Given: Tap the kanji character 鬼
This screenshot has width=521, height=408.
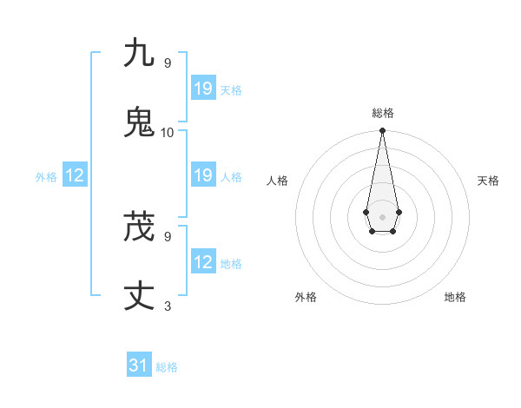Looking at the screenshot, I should pos(139,122).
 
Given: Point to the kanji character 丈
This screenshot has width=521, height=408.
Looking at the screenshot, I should pos(139,296).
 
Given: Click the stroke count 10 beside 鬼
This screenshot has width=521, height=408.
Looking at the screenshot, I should pos(168,132).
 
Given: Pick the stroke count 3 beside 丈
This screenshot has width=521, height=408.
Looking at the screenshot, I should pos(168,306).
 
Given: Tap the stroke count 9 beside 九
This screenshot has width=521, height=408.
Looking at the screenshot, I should pos(168,63).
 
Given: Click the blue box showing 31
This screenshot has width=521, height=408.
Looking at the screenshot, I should pos(139,365).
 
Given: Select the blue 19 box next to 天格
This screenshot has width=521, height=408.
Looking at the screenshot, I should pos(203,88).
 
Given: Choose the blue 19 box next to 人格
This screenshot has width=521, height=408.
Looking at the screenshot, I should pos(203,175).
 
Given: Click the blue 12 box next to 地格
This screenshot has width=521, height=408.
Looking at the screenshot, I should pos(203,262).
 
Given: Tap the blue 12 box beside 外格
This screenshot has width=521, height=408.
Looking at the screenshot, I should pos(75,175).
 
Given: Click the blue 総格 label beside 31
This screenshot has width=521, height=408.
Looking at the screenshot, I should pos(167,367).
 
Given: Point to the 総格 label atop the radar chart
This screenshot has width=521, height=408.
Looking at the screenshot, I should pos(383,113).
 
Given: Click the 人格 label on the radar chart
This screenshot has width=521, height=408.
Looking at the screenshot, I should pos(278,181).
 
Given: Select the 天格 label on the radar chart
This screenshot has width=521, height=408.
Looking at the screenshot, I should pos(488,181).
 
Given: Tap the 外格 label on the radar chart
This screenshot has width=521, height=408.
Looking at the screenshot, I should pos(306,297).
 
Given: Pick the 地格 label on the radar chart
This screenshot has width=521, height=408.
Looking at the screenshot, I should pos(455,297).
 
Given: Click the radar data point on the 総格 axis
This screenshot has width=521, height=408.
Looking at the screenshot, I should pos(382,131).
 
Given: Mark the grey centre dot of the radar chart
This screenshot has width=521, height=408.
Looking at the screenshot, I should pos(382,216).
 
